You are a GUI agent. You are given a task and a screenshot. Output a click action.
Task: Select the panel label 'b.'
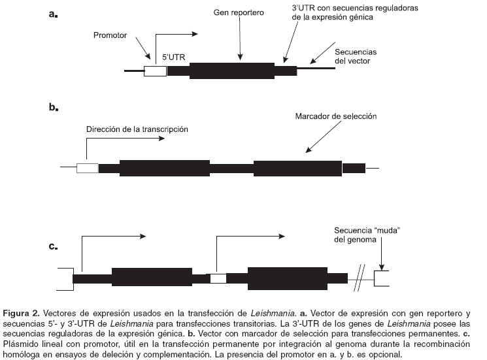point(54,107)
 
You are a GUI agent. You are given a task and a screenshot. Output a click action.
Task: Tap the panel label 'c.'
point(54,246)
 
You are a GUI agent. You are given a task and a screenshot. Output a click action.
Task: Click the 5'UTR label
point(174,57)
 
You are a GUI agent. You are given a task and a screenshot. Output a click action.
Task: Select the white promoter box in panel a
point(155,71)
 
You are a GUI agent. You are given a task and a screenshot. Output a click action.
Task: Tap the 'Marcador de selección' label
point(336,116)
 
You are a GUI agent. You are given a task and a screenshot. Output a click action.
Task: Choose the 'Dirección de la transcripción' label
point(137,129)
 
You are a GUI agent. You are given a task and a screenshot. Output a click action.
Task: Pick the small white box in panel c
point(218,279)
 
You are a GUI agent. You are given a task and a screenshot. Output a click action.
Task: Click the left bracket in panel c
point(64,279)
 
